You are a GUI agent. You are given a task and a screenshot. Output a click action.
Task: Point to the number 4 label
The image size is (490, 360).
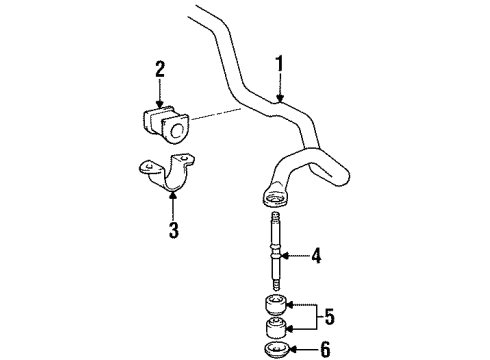(316, 257)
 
